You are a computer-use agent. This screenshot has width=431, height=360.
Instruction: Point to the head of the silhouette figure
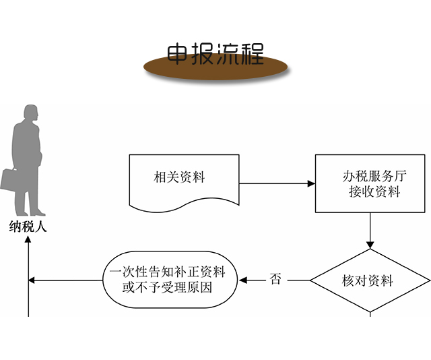click(x=30, y=114)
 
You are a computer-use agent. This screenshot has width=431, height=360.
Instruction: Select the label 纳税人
click(x=28, y=227)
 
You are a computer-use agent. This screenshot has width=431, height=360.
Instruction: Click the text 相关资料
click(x=179, y=178)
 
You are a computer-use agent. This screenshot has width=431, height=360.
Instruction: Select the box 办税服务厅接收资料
click(x=370, y=184)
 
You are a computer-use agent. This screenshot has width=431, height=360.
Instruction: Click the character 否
click(x=275, y=279)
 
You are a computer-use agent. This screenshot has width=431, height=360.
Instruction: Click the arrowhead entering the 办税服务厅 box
click(x=311, y=183)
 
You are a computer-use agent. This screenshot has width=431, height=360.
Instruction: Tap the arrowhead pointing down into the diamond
click(x=370, y=245)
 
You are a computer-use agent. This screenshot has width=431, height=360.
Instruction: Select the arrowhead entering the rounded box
click(x=244, y=280)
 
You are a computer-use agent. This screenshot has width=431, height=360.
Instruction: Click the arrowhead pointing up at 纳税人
click(x=28, y=239)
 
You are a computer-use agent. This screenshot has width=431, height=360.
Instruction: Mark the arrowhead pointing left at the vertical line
click(x=32, y=280)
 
